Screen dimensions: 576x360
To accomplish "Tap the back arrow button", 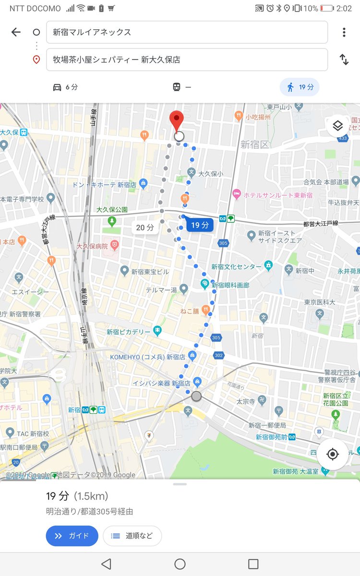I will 16,32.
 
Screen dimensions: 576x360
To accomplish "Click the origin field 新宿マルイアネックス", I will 187,32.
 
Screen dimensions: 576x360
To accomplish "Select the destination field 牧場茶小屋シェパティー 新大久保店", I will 187,60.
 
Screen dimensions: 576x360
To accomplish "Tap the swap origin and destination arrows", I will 344,60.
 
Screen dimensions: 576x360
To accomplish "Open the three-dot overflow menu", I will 344,32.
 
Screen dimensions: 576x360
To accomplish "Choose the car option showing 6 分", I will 65,87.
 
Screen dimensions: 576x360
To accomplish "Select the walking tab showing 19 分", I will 300,87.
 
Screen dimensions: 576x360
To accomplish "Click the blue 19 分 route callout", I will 199,225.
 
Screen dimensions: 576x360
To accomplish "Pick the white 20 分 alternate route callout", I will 144,228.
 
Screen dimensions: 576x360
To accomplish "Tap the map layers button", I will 337,126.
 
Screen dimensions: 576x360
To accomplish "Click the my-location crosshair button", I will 332,454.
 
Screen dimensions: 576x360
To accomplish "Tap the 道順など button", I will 132,536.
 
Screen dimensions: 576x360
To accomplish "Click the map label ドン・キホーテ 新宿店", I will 104,185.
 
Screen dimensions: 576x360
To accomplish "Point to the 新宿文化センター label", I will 236,267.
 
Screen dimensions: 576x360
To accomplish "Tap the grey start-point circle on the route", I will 196,396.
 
